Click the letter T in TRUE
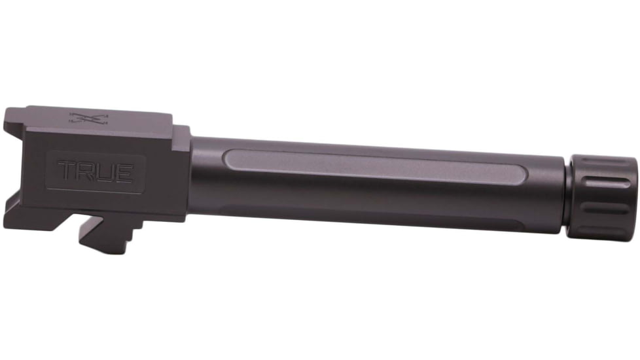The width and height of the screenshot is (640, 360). coord(67,172)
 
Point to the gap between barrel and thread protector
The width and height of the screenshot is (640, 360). coord(567,194)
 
